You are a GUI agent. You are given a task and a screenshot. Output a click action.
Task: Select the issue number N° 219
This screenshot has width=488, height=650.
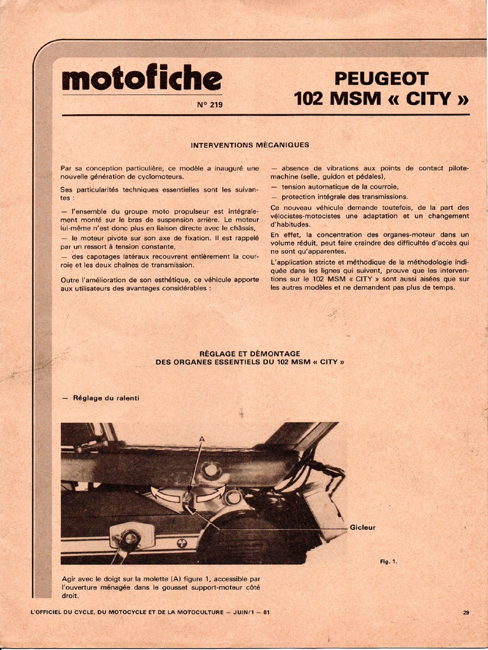coord(210,105)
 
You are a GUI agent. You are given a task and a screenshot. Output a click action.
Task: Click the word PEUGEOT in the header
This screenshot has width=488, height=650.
coord(381,79)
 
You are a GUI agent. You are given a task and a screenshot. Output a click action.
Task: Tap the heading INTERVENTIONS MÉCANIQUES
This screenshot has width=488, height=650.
coord(250,145)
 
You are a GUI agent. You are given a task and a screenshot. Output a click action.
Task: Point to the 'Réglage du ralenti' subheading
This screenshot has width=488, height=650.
coord(105,398)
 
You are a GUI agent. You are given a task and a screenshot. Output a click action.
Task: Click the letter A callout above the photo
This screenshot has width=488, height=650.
coord(202,439)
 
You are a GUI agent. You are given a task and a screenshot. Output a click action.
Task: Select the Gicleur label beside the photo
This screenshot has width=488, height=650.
coord(363,527)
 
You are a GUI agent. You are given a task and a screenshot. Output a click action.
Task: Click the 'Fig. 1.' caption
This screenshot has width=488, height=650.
coord(388,561)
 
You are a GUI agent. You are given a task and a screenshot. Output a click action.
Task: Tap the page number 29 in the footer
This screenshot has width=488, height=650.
coord(466,613)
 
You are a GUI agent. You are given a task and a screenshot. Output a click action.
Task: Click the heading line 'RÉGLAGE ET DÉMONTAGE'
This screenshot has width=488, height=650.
coord(250,354)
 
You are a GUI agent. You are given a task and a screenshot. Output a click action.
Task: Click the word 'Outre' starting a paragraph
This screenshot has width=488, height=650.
coord(70,279)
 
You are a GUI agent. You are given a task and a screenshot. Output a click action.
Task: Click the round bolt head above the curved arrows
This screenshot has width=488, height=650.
coord(210,471)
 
